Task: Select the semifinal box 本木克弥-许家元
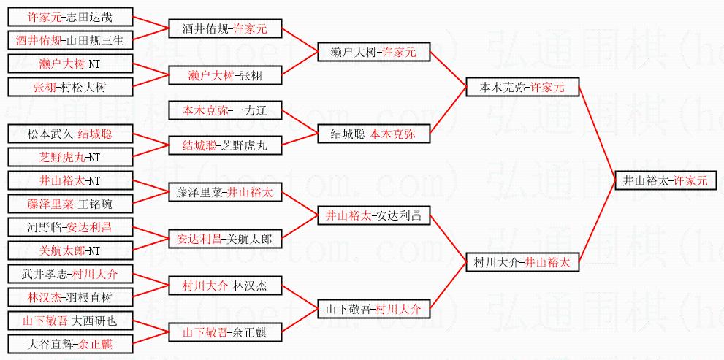[x=522, y=87]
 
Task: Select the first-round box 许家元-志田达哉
[x=70, y=17]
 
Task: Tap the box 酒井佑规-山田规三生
[x=70, y=40]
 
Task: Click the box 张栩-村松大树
[x=70, y=87]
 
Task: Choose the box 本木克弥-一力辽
[x=225, y=110]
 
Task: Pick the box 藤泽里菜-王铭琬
[x=70, y=204]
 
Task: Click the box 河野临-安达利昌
[x=70, y=227]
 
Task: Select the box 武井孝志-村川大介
[x=70, y=274]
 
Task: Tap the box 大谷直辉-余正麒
[x=70, y=343]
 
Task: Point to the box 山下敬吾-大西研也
[x=70, y=321]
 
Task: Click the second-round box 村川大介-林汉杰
[x=225, y=286]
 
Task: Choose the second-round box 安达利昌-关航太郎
[x=225, y=239]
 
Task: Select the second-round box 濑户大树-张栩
[x=225, y=75]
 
